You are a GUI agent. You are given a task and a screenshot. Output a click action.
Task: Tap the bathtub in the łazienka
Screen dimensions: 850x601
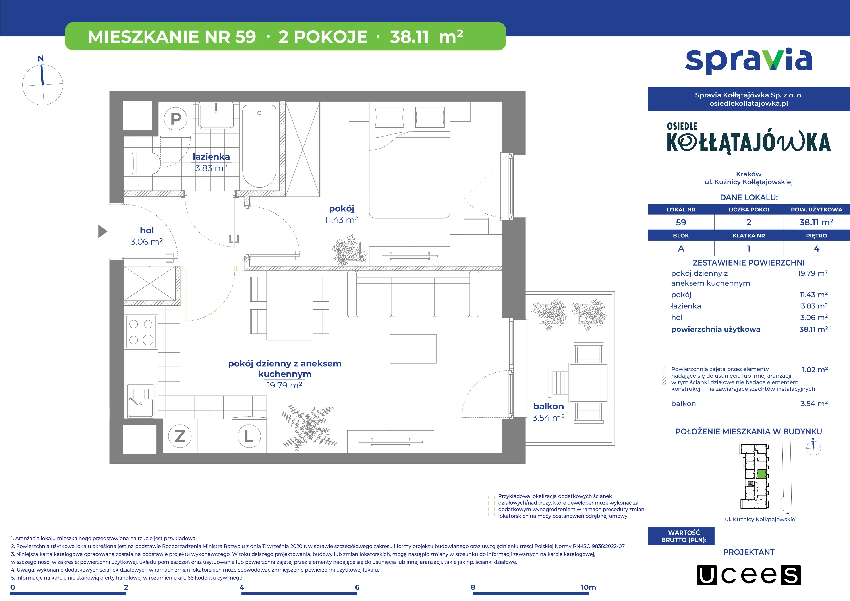click(x=259, y=146)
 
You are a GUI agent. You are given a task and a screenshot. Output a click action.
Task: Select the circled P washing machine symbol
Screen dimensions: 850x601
click(x=176, y=119)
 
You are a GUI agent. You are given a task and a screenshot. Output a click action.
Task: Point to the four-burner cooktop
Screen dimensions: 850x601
click(x=141, y=332)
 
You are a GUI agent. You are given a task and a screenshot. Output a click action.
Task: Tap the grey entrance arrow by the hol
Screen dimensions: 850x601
click(x=102, y=231)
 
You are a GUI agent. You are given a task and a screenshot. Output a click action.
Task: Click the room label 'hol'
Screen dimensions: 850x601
click(x=147, y=230)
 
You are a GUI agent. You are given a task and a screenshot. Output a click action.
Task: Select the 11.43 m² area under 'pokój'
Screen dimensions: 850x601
click(x=341, y=220)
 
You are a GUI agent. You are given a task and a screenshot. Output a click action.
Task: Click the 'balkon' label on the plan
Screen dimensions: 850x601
click(x=548, y=406)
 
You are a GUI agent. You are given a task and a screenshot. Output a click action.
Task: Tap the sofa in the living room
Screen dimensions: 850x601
click(x=413, y=294)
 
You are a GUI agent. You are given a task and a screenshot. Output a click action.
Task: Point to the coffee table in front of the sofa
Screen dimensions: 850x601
click(x=413, y=349)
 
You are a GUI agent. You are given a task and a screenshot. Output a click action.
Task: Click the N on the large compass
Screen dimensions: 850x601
click(x=41, y=58)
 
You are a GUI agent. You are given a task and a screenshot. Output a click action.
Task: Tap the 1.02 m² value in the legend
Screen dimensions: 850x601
click(x=814, y=370)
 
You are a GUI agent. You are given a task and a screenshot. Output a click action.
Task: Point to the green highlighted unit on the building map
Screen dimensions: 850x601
click(x=761, y=474)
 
